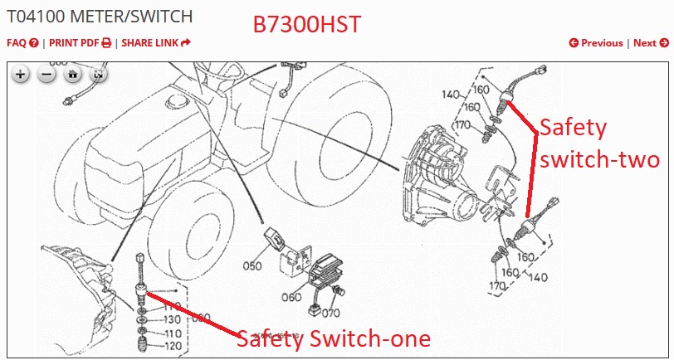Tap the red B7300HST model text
click(x=307, y=25)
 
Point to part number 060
click(x=291, y=298)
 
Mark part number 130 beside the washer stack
click(x=173, y=319)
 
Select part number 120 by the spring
click(x=173, y=346)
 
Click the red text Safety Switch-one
click(x=334, y=338)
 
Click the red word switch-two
click(x=599, y=158)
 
